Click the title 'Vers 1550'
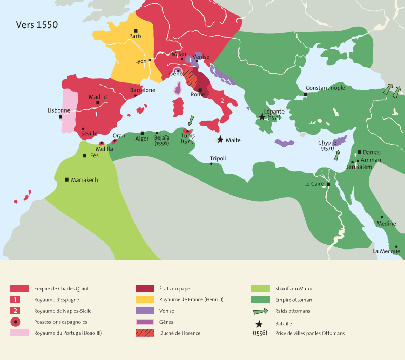point(36,25)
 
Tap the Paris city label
point(136,36)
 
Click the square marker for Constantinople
point(306,94)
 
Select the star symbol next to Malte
point(220,140)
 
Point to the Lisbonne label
point(59,110)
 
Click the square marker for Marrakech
point(66,179)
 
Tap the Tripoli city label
point(218,158)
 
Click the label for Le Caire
point(314,184)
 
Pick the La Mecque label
point(386,251)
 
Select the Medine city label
point(386,224)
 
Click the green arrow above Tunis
point(190,121)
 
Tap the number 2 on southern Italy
point(222,100)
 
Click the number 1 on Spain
point(96,106)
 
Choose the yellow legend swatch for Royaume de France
point(145,299)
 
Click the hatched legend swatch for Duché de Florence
point(145,333)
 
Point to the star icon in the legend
point(259,323)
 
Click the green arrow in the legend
point(260,311)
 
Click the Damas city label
point(372,153)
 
